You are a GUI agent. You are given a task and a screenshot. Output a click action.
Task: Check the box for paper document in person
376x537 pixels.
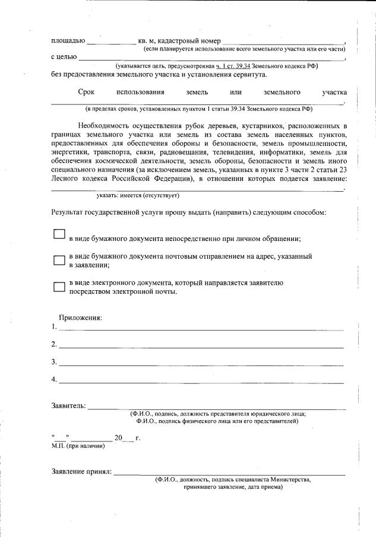tap(59, 234)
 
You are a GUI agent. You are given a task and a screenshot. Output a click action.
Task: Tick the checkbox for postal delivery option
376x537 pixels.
tap(59, 260)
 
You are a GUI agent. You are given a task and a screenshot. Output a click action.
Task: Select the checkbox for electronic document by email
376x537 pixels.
tap(59, 287)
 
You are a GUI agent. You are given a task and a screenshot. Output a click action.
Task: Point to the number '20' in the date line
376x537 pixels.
tap(118, 439)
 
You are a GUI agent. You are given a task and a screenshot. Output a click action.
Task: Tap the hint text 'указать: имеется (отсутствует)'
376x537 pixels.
tap(138, 195)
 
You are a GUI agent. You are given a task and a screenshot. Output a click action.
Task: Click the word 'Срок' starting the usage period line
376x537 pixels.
tap(87, 93)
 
